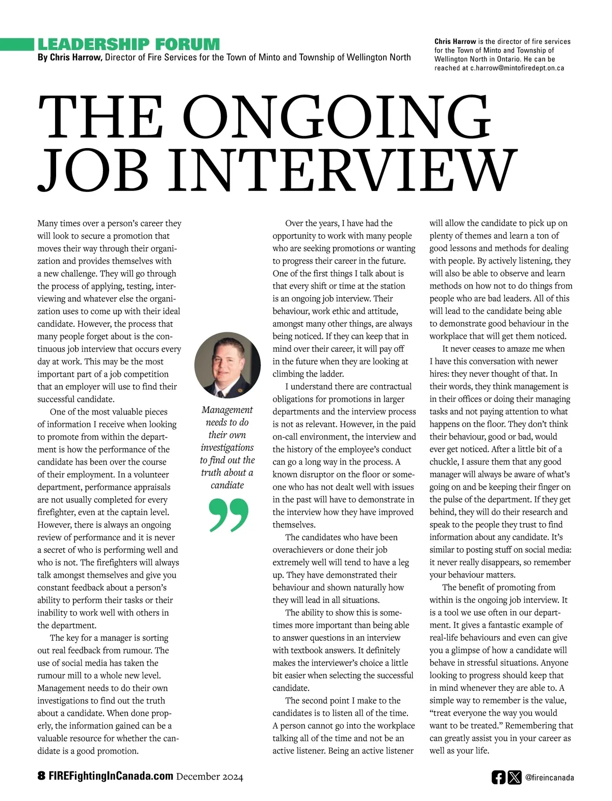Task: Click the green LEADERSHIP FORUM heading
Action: (129, 44)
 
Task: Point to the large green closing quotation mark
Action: (229, 516)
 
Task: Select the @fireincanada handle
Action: (549, 778)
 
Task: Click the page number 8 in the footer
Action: (41, 777)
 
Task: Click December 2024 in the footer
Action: (210, 778)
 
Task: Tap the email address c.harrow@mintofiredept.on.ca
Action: (517, 68)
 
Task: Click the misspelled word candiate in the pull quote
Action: (227, 485)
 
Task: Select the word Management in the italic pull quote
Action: (227, 410)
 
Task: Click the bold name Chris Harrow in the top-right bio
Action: (455, 41)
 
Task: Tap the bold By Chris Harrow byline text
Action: (70, 58)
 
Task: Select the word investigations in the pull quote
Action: (227, 447)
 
